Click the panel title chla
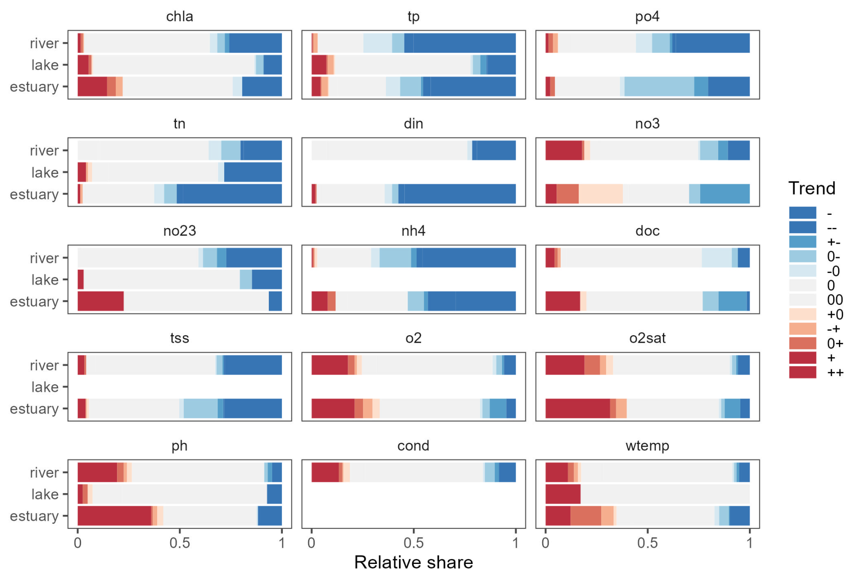(179, 17)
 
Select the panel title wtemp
(647, 446)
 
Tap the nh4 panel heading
(413, 231)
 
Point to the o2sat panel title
(647, 338)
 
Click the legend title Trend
(811, 188)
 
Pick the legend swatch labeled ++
(802, 373)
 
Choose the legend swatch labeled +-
(802, 242)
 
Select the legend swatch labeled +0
(802, 314)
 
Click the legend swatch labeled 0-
(802, 256)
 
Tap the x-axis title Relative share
(413, 563)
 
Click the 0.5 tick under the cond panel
(413, 543)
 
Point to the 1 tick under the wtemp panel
(749, 543)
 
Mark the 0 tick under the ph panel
(78, 543)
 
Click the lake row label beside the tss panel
(45, 387)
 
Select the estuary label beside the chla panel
(34, 87)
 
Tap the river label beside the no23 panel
(44, 259)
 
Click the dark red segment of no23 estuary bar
(100, 301)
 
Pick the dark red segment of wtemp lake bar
(562, 494)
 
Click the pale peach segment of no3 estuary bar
(600, 194)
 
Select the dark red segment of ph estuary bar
(114, 516)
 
